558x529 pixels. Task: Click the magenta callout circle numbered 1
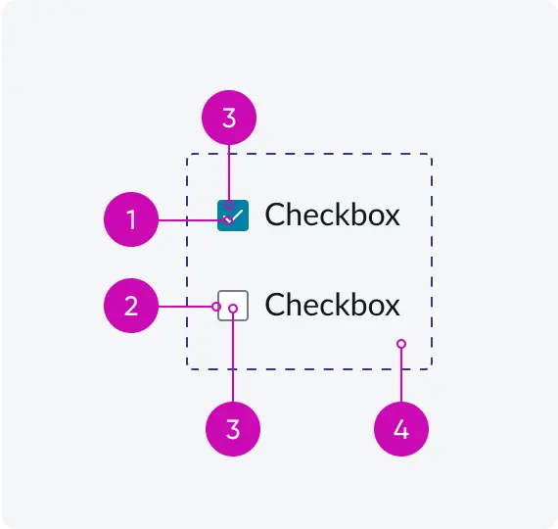131,219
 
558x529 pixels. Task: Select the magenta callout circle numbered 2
131,306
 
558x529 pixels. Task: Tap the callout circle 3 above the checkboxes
229,118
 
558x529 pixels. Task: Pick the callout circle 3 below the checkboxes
233,429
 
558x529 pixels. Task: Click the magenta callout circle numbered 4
401,429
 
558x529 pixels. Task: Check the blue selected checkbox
233,216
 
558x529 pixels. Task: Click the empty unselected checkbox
233,306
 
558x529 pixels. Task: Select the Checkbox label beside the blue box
333,215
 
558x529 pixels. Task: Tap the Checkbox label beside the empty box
333,305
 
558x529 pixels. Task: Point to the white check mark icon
234,216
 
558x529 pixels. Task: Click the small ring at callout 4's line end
401,344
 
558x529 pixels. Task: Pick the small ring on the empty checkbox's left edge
216,307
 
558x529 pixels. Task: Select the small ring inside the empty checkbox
233,309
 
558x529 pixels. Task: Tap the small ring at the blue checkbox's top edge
229,205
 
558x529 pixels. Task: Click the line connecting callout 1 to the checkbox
192,220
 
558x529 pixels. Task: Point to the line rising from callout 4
401,375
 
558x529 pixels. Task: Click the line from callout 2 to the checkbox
185,307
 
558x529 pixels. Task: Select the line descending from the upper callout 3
229,172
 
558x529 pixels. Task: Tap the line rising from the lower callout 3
233,358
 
